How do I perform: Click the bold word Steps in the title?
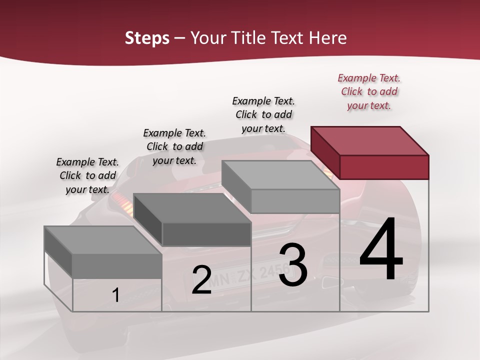[147, 38]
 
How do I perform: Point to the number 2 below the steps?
[201, 280]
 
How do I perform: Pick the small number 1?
[115, 295]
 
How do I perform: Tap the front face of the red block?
[384, 167]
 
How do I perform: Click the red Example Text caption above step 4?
[369, 91]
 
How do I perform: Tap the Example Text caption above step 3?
[263, 114]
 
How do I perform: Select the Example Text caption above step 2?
[174, 146]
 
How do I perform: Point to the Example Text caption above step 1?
[87, 175]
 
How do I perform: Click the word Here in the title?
[328, 38]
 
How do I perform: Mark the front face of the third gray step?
[295, 201]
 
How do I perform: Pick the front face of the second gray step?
[206, 234]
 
